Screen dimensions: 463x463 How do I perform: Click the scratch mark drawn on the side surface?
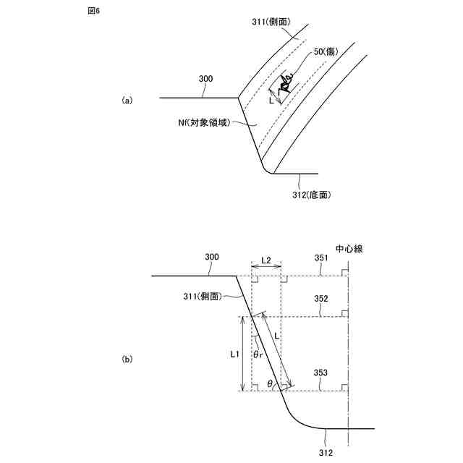point(286,85)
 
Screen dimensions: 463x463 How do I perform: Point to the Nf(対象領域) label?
point(205,123)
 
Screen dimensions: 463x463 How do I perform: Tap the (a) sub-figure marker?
point(127,100)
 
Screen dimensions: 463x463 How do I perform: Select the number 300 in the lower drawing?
point(212,257)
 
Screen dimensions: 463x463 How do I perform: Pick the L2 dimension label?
point(266,259)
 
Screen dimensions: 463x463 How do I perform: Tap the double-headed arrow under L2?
point(266,268)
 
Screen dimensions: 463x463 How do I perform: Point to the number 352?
point(321,298)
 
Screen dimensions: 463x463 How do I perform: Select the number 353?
point(321,373)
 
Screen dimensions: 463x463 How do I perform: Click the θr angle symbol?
point(258,354)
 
